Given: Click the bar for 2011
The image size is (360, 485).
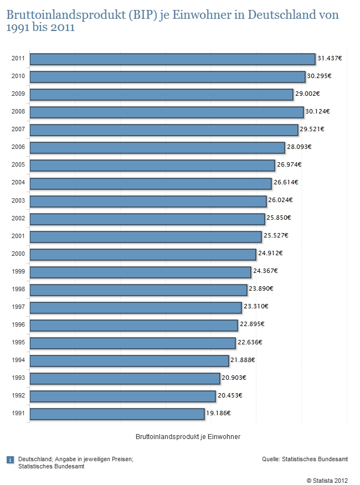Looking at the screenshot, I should (x=172, y=59).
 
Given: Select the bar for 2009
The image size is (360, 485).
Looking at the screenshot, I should (x=161, y=95).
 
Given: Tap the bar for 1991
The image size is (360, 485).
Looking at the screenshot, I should (x=117, y=414).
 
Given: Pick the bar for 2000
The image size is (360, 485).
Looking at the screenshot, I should (x=143, y=254).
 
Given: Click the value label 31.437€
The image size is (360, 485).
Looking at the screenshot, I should (x=331, y=58).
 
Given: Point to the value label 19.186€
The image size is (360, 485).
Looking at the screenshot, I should (x=218, y=413).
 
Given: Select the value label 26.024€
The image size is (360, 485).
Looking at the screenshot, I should (x=280, y=200).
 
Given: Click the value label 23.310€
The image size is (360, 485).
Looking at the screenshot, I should (x=256, y=306).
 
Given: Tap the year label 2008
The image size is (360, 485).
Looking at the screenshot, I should (x=17, y=112).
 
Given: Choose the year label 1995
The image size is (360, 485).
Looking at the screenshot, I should (x=17, y=343).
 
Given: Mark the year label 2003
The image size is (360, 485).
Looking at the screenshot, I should (x=17, y=200).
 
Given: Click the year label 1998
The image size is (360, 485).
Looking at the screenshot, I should (x=17, y=290).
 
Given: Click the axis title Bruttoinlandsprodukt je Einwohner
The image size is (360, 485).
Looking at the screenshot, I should (x=188, y=437).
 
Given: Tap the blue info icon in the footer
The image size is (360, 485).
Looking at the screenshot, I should (x=10, y=460).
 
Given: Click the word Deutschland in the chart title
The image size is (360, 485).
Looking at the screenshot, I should (x=283, y=14).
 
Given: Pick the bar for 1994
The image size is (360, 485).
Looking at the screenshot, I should (x=129, y=360).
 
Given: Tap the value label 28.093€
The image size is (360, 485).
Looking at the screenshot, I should (x=299, y=147).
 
